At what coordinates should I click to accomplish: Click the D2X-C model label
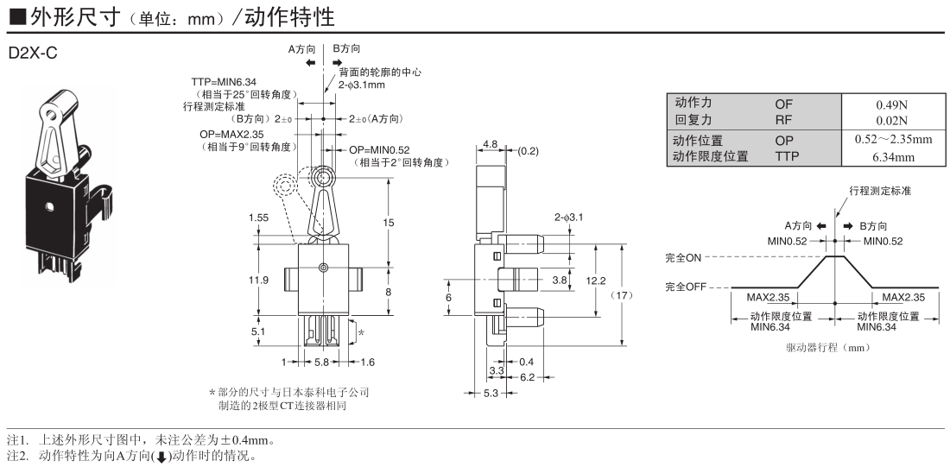(x=33, y=53)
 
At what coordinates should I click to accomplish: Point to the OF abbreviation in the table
(x=783, y=105)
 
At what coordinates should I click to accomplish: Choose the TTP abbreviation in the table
(x=787, y=156)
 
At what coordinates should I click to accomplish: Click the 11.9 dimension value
(x=258, y=281)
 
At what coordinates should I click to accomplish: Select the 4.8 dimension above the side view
(x=490, y=144)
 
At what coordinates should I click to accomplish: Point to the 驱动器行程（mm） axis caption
(x=833, y=347)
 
